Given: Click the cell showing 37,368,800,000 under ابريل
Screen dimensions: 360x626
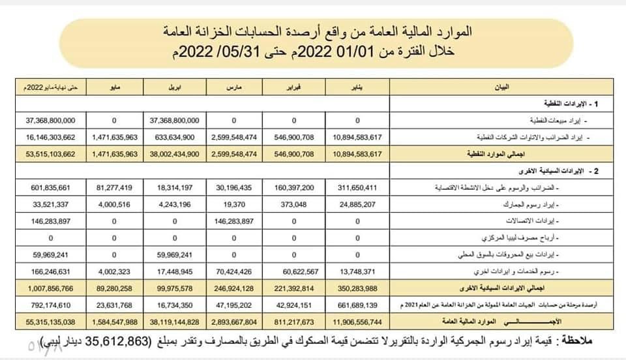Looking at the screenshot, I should coord(175,121).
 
